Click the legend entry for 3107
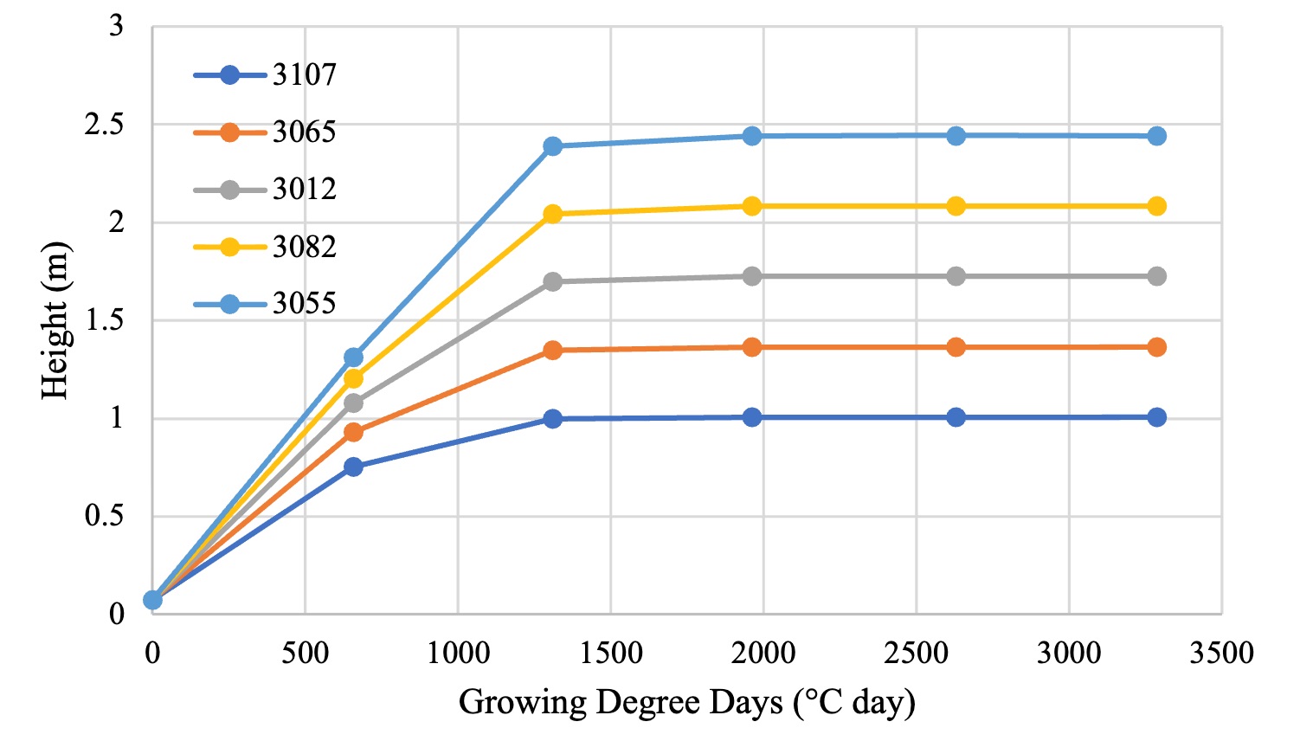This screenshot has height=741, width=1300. (x=264, y=75)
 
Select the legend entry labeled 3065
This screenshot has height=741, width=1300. (x=264, y=132)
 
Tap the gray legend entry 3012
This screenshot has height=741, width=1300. (x=264, y=190)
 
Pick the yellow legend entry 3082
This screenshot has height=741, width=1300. (x=264, y=248)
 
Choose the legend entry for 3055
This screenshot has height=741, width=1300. (x=264, y=304)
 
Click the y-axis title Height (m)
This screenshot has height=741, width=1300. (x=55, y=320)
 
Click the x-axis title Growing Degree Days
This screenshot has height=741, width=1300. (x=686, y=702)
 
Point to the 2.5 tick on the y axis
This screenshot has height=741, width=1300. (x=104, y=125)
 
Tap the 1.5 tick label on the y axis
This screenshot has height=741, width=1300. (x=104, y=320)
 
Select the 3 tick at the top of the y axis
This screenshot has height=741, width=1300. (x=116, y=26)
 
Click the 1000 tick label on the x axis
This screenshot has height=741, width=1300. (x=458, y=653)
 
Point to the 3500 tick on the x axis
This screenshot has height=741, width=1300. (x=1221, y=653)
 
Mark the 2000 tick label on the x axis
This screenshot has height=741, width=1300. (x=763, y=653)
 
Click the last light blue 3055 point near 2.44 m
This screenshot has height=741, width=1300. (x=1156, y=136)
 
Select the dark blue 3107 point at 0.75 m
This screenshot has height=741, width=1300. (x=353, y=467)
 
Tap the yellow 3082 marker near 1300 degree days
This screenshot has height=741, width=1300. (x=553, y=214)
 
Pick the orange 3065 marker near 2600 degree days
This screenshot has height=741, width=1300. (x=956, y=347)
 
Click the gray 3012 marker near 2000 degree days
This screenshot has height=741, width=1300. (x=752, y=276)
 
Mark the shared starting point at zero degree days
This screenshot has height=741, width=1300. (x=153, y=600)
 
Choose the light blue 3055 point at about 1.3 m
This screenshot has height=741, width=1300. (x=353, y=358)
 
